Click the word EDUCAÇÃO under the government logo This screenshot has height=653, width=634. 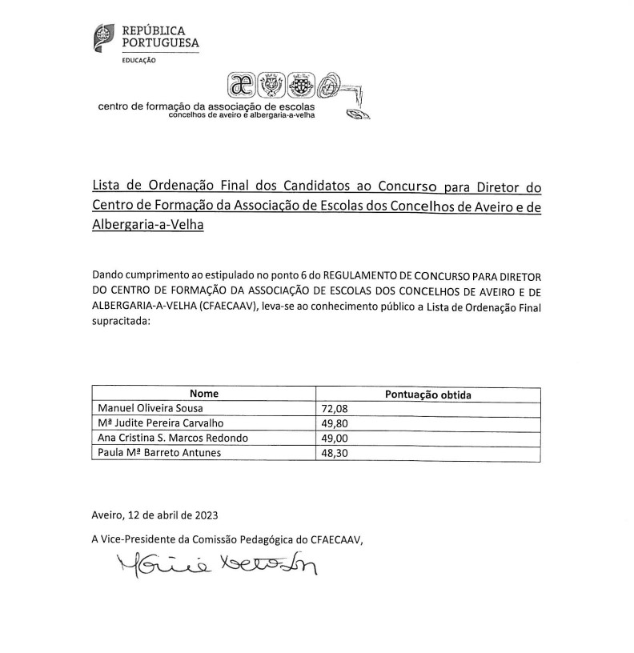click(138, 61)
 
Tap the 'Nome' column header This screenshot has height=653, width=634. click(204, 395)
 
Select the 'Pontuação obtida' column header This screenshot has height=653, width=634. click(428, 395)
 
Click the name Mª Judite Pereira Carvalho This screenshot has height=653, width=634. click(154, 423)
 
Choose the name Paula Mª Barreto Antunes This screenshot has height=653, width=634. click(152, 453)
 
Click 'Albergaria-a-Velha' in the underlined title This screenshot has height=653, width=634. click(148, 226)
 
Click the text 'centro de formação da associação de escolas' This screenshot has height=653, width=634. click(206, 106)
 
